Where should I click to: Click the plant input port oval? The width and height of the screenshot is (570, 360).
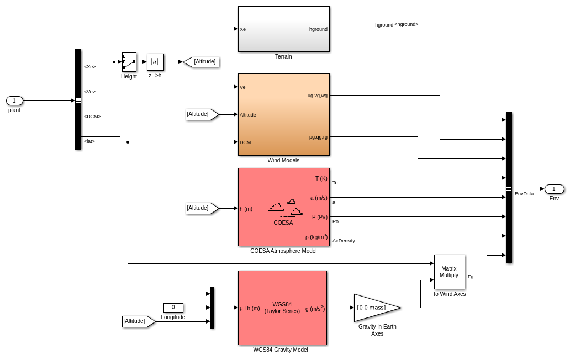pyautogui.click(x=14, y=100)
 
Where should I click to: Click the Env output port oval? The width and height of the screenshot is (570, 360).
pyautogui.click(x=554, y=189)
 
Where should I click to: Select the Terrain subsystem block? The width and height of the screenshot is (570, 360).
pyautogui.click(x=283, y=29)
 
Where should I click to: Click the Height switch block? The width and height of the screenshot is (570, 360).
pyautogui.click(x=129, y=62)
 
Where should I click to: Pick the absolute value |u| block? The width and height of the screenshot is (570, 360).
pyautogui.click(x=155, y=62)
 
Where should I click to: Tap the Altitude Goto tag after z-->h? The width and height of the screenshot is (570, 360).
pyautogui.click(x=202, y=62)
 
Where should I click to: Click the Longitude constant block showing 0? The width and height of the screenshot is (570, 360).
pyautogui.click(x=173, y=308)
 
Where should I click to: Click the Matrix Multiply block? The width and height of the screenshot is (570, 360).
pyautogui.click(x=449, y=272)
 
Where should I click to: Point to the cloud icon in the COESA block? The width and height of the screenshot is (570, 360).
pyautogui.click(x=283, y=208)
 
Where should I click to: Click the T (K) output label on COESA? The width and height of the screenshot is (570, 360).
pyautogui.click(x=321, y=178)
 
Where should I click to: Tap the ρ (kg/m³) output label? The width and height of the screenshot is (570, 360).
pyautogui.click(x=316, y=237)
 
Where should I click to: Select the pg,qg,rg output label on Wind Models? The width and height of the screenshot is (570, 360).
pyautogui.click(x=318, y=137)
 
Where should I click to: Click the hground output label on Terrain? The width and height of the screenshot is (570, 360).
pyautogui.click(x=318, y=29)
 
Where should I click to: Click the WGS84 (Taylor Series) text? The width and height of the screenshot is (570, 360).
pyautogui.click(x=282, y=308)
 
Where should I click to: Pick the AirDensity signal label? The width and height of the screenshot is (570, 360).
pyautogui.click(x=344, y=241)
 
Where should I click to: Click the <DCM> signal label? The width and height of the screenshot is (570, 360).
pyautogui.click(x=92, y=117)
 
